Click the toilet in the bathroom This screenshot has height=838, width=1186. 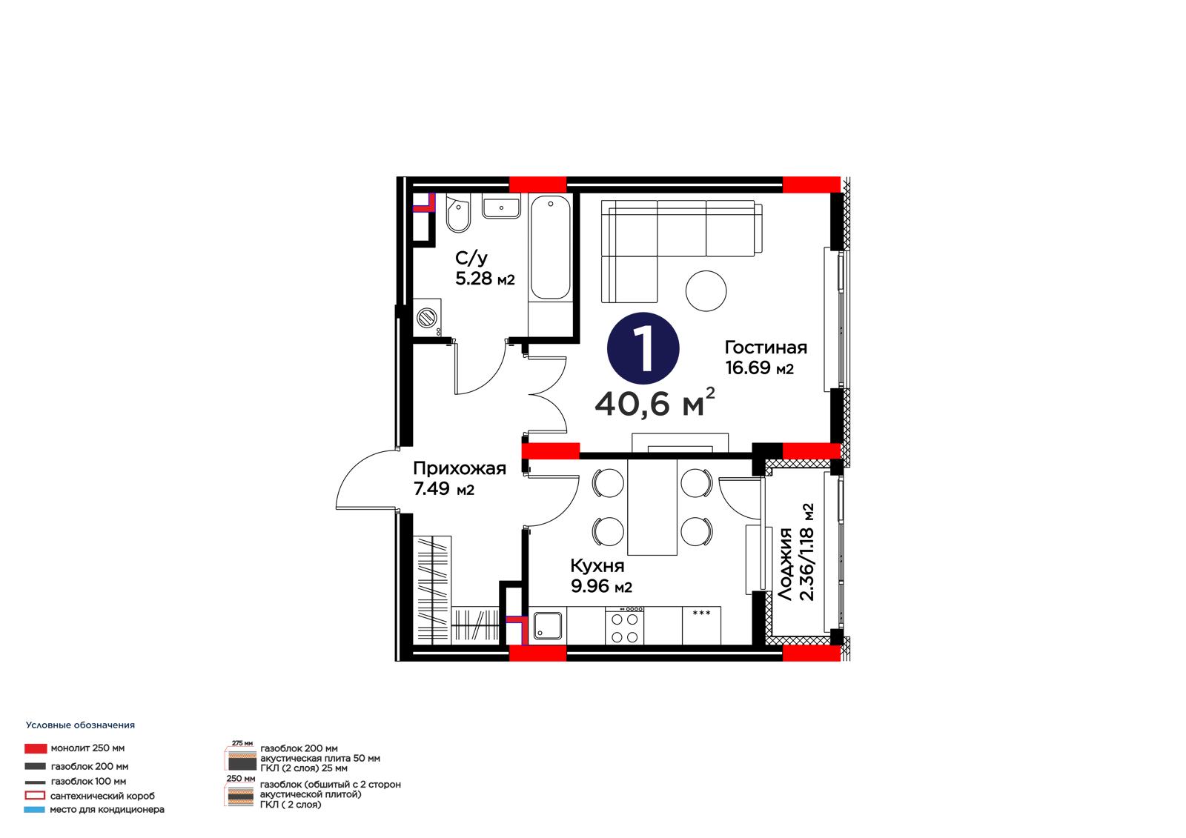458,213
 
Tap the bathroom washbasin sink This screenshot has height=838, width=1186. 501,206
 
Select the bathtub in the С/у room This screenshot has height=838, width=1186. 550,247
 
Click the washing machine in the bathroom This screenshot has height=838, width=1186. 427,318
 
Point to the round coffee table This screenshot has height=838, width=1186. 706,290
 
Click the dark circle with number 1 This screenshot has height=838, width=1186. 643,348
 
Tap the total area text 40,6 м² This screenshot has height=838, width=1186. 655,403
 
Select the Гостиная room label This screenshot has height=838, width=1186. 766,347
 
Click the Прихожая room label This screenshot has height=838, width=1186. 460,468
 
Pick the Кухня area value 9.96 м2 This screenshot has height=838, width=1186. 601,587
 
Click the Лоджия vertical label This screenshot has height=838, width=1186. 786,565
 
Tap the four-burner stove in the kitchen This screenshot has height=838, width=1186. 625,625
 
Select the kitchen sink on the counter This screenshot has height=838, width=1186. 548,625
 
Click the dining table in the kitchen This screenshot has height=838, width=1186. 652,507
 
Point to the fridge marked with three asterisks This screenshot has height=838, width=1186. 701,625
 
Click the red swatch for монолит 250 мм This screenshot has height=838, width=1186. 36,748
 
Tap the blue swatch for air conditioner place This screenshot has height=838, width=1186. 34,809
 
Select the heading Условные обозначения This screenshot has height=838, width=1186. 81,725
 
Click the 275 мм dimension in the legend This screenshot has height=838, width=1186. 242,743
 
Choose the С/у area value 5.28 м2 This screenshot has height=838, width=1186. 485,279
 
